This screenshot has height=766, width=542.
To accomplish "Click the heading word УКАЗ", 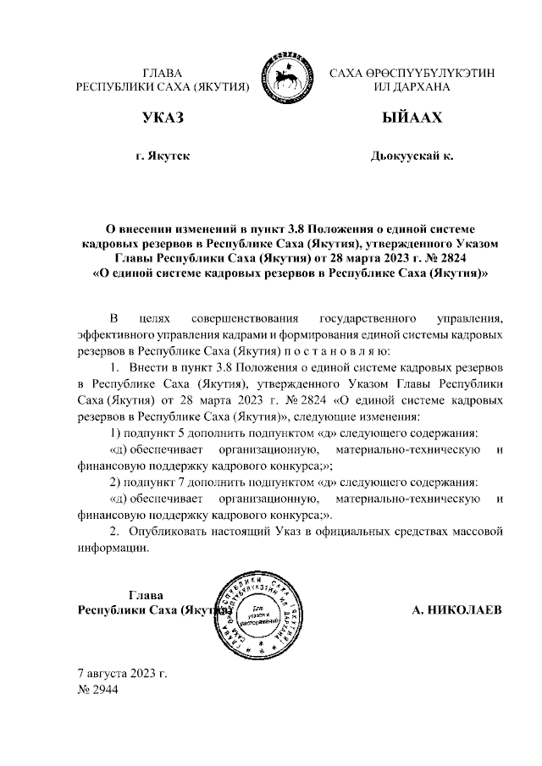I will (x=163, y=118).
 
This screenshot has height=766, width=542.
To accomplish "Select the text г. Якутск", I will (x=163, y=157).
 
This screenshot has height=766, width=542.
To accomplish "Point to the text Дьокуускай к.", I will (x=412, y=157).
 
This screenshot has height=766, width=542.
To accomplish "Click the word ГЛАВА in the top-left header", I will (x=163, y=73).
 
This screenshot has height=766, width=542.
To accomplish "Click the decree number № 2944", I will (x=97, y=689).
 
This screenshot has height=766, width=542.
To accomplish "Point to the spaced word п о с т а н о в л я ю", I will (x=337, y=350).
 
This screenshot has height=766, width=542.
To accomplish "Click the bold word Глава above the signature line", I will (x=146, y=593).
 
